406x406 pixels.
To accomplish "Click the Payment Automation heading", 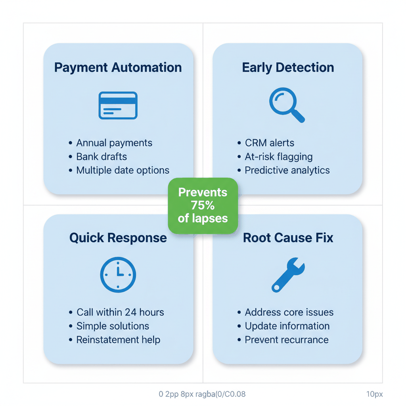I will [x=118, y=67].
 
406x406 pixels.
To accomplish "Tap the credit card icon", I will [x=118, y=105].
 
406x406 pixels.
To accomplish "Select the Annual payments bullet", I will [x=114, y=143].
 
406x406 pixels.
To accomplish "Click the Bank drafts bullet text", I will [x=101, y=157].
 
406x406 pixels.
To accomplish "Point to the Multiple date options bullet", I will [x=123, y=170].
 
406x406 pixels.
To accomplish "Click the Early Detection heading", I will [x=288, y=67].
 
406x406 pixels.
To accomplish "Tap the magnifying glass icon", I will [x=286, y=105].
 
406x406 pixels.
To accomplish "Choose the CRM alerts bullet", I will [x=270, y=143].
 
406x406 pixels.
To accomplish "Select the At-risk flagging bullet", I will [x=279, y=157].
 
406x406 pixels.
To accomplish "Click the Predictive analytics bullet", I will [x=287, y=170].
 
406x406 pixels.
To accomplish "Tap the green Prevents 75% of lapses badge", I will [x=203, y=205].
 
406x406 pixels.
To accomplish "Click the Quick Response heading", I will [x=118, y=238].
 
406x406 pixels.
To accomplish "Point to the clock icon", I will [x=118, y=275].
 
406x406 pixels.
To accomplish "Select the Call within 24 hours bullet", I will [x=120, y=312].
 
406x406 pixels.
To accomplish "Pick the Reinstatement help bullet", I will [x=118, y=340].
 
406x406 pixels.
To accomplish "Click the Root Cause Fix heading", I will [x=288, y=238].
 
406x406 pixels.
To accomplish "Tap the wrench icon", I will [x=288, y=275].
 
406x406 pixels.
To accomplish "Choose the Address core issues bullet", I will [x=289, y=312].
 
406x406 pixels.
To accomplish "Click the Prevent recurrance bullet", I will [x=287, y=340].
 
